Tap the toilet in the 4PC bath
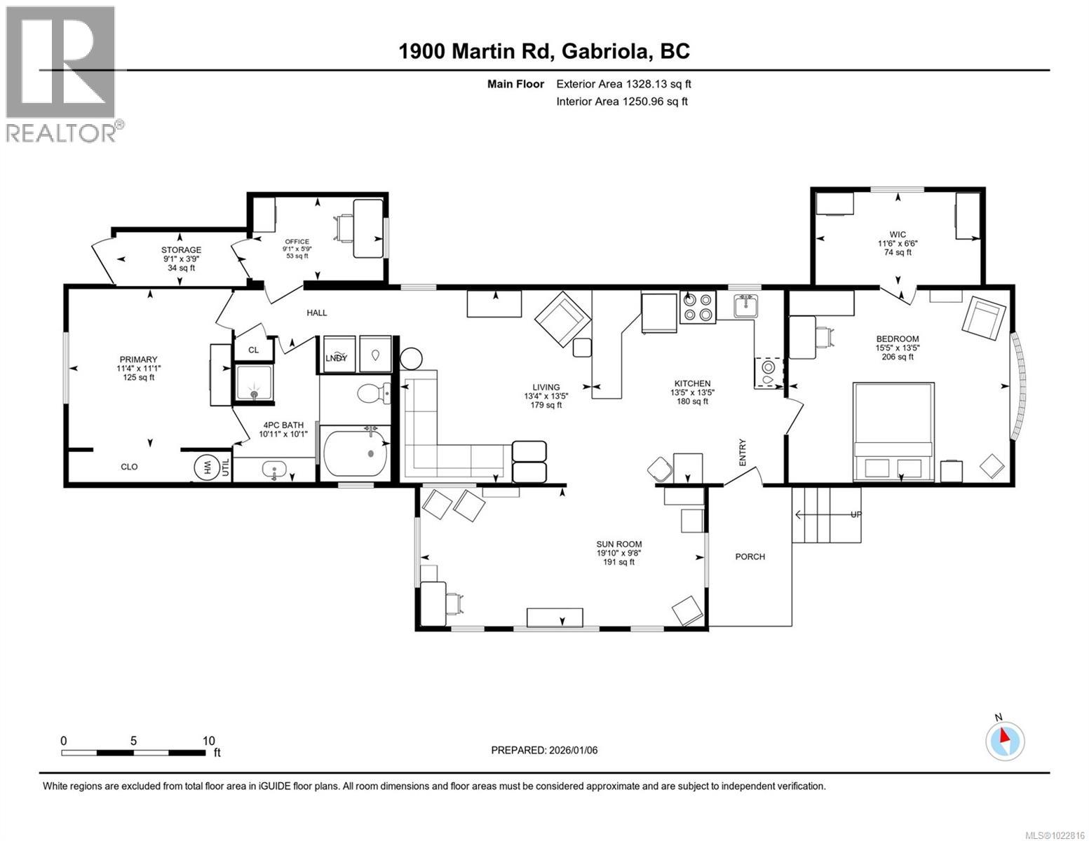click(x=371, y=395)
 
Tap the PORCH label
click(x=750, y=556)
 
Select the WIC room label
click(x=898, y=234)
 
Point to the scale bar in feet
click(x=133, y=753)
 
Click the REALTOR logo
click(x=61, y=74)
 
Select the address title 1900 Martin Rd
click(x=544, y=51)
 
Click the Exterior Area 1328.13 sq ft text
click(x=623, y=84)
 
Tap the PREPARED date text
click(x=544, y=750)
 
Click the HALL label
click(x=316, y=313)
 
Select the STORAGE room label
click(x=181, y=249)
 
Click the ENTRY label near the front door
click(x=742, y=452)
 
